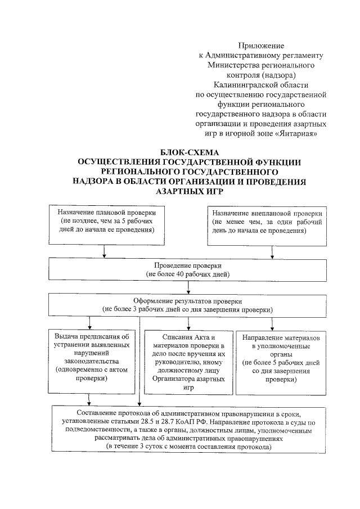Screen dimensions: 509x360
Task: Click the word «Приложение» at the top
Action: (262, 45)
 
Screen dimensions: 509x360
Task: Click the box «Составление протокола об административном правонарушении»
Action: (189, 429)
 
